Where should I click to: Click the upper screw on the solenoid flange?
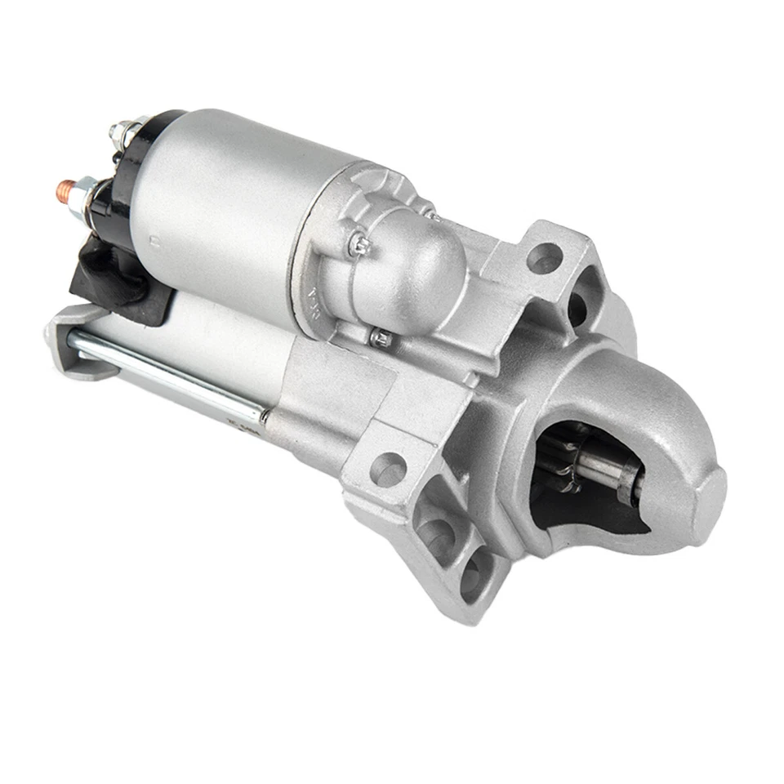point(357,242)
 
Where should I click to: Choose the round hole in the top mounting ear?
point(544,259)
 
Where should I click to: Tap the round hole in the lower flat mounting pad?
point(389,469)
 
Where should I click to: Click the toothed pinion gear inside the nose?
point(563,461)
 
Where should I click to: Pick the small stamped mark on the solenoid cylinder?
point(154,240)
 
